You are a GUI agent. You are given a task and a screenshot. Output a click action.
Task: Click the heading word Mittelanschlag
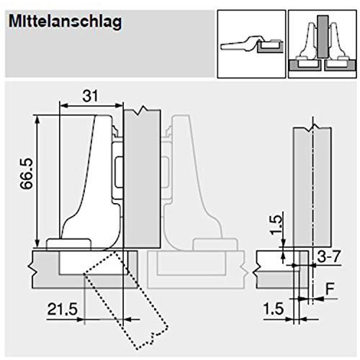[65, 22]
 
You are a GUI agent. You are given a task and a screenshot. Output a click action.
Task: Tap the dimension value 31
[90, 96]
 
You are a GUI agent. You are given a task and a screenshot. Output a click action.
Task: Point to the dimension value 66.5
[26, 174]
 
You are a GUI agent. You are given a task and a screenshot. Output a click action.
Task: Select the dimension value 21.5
[63, 309]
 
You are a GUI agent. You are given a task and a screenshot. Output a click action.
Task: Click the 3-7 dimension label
[328, 256]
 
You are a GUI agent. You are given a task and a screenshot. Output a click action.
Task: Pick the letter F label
[330, 289]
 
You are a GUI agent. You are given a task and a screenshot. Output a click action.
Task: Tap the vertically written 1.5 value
[276, 225]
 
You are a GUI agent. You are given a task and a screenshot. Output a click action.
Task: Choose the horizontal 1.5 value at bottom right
[274, 309]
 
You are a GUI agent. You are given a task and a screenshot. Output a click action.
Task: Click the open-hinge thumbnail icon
[251, 44]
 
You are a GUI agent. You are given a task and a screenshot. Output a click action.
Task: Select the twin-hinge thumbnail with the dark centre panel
[323, 44]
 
